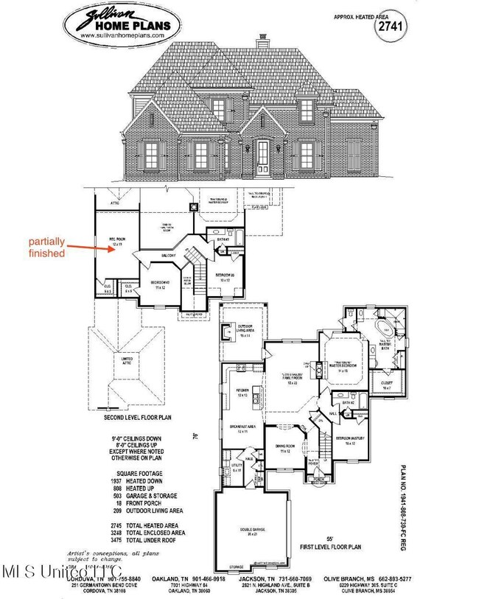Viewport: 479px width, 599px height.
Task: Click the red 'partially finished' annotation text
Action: click(x=49, y=247)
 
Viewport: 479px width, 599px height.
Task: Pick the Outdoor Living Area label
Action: click(x=244, y=332)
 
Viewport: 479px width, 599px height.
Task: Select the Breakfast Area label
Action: click(x=237, y=430)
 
